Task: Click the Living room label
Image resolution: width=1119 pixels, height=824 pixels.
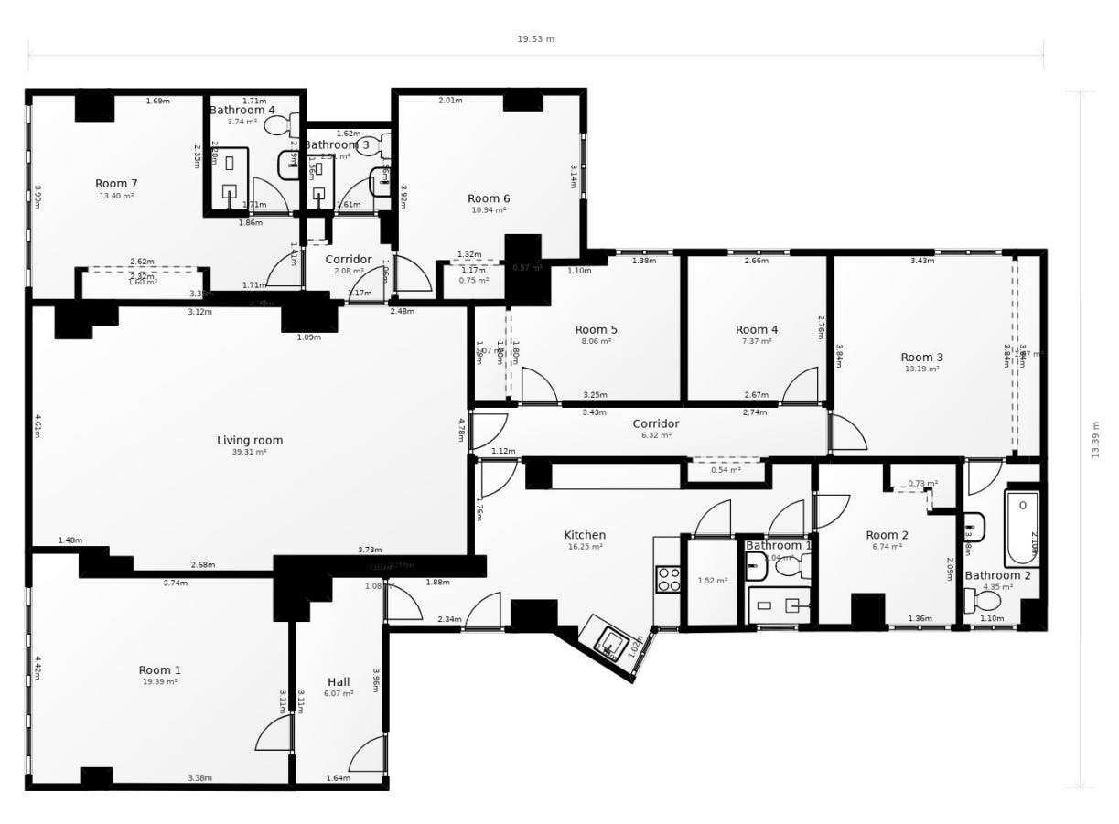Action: [x=250, y=440]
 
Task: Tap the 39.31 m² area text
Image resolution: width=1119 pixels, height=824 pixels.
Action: [x=250, y=452]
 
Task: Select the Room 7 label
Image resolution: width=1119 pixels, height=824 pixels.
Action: [x=116, y=184]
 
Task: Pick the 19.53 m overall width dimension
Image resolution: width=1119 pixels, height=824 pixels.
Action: [x=535, y=39]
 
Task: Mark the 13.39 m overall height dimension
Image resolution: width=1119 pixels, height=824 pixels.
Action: [x=1095, y=439]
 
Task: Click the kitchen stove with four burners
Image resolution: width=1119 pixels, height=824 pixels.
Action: [x=668, y=579]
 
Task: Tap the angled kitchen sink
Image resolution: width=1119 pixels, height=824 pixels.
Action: [x=608, y=643]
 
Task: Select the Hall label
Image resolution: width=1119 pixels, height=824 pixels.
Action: [x=339, y=681]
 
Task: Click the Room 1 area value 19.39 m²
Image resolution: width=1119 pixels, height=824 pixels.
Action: [x=160, y=682]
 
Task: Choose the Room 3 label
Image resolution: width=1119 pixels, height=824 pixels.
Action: [x=921, y=358]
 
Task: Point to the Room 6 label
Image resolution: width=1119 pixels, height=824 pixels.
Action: [x=489, y=198]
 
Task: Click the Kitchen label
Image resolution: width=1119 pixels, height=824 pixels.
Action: [x=585, y=535]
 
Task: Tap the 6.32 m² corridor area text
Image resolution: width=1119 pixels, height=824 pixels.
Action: [x=656, y=435]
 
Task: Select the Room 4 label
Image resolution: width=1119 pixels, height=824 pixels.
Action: [x=757, y=329]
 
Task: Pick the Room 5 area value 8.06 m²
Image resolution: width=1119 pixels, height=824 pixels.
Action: [x=597, y=341]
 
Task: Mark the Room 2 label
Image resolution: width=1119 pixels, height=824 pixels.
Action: [x=887, y=535]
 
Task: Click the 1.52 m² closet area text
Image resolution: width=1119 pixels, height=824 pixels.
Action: [x=712, y=581]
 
